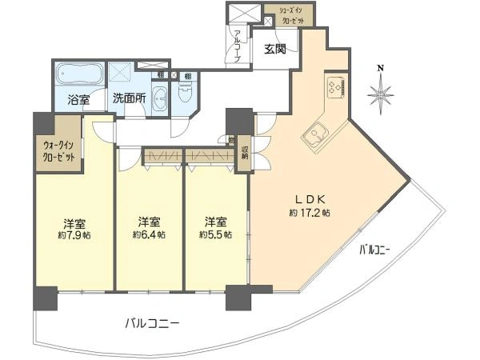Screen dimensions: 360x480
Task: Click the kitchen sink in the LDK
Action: coord(315,133)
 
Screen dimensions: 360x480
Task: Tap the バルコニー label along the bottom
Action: coord(152,324)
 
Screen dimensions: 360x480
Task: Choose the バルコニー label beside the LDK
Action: coord(374,250)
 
